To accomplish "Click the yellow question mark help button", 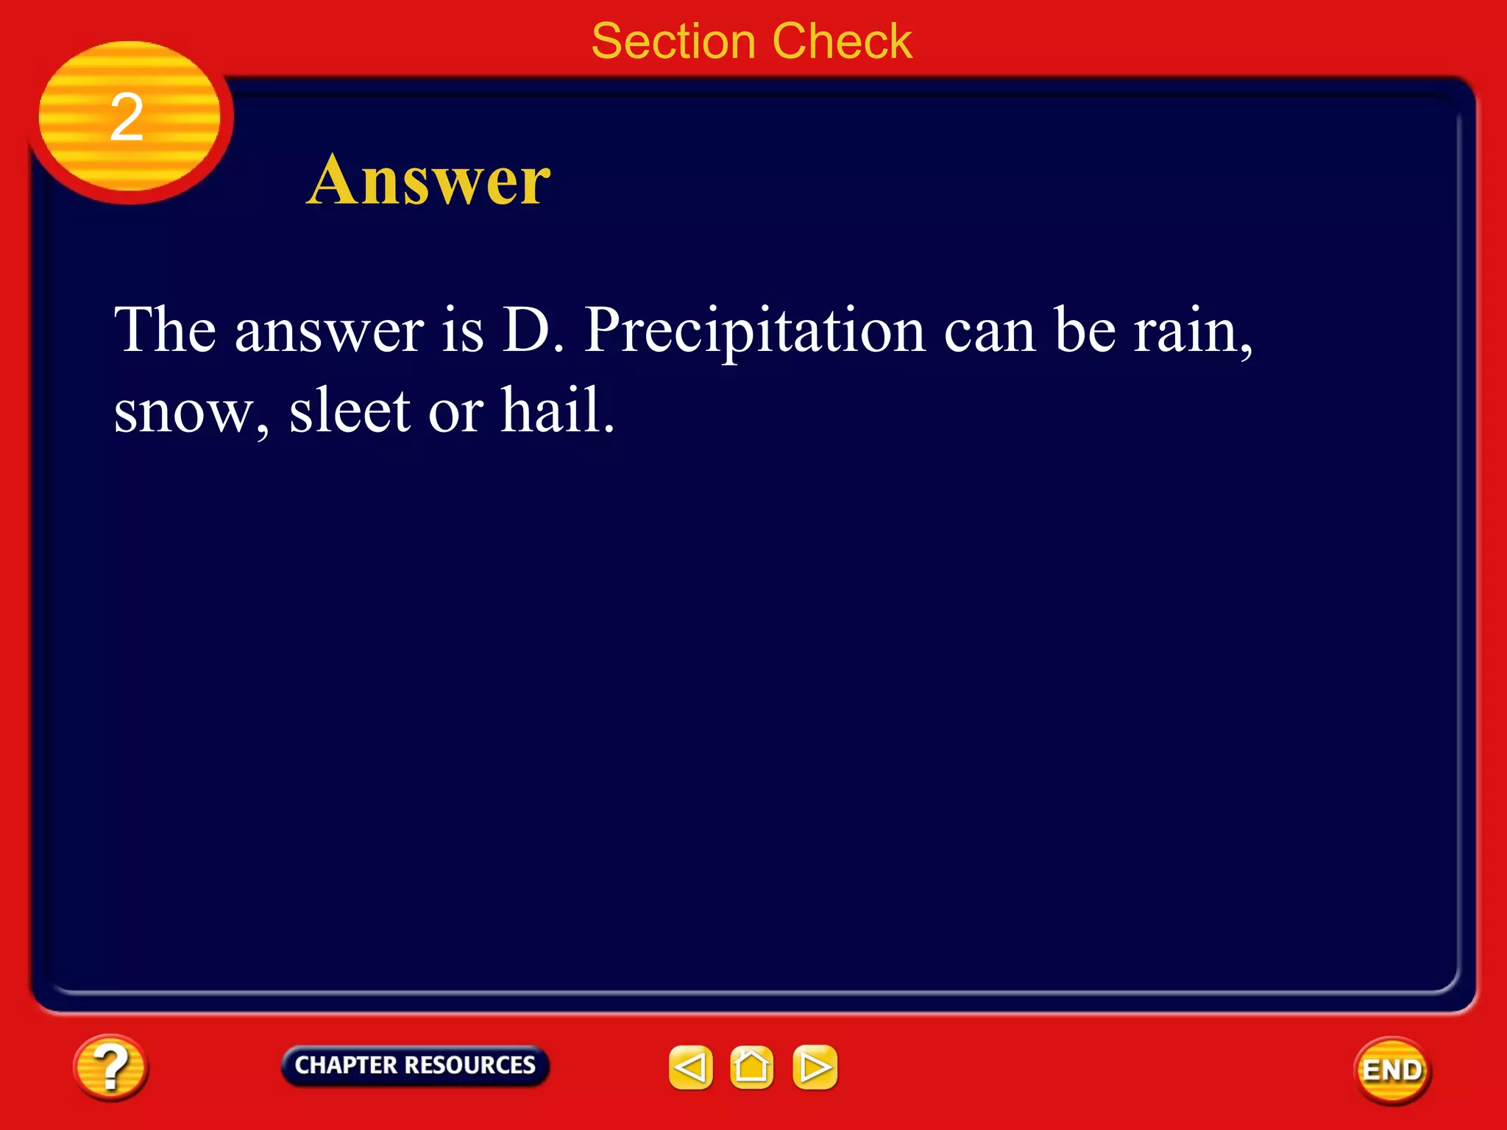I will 110,1067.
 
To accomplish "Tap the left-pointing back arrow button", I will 690,1067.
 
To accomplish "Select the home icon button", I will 751,1067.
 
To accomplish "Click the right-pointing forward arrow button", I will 815,1067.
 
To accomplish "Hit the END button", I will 1392,1070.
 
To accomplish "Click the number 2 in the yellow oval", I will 127,118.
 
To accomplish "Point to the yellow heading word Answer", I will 428,180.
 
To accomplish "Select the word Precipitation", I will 754,331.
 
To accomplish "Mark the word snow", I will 190,412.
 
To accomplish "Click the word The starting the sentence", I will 165,331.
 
